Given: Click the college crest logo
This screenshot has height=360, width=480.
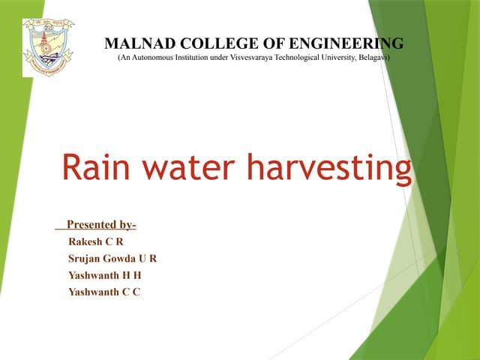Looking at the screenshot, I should [49, 46].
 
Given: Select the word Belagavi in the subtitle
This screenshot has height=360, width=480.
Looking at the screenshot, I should [370, 57].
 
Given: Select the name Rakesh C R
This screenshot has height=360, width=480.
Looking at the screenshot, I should [95, 242].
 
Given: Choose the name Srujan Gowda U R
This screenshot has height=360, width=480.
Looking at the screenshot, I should [112, 259].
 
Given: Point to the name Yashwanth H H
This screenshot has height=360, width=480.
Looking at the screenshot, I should [104, 275].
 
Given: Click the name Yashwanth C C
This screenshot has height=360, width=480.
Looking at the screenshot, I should [104, 292].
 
